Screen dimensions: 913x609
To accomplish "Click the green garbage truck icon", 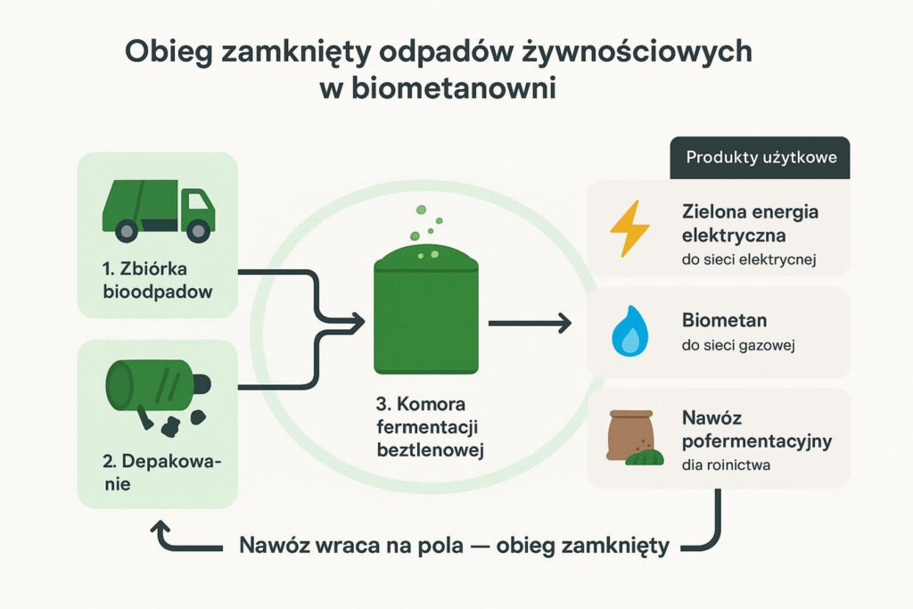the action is click(159, 210).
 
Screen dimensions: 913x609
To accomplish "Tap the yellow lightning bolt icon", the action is click(629, 228).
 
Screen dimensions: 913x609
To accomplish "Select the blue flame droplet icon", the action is click(630, 331).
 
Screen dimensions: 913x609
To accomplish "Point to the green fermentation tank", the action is click(425, 309).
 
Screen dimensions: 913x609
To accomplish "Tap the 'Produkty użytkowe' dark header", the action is click(760, 158).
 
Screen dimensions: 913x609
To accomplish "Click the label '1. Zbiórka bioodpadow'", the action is click(157, 280).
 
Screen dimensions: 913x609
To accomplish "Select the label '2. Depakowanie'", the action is click(162, 473).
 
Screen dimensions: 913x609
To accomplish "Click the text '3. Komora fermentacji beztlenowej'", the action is click(431, 427).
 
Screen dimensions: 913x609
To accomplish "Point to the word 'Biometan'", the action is click(724, 320).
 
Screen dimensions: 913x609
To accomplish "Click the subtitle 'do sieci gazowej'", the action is click(738, 345).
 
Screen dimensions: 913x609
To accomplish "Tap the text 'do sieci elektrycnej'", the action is click(749, 259).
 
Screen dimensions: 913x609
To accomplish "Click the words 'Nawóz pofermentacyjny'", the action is click(756, 429).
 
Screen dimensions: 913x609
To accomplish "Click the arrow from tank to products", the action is click(530, 323).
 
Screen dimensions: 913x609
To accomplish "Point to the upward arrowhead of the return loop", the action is click(161, 530).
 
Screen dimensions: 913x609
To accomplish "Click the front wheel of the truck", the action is click(198, 231).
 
